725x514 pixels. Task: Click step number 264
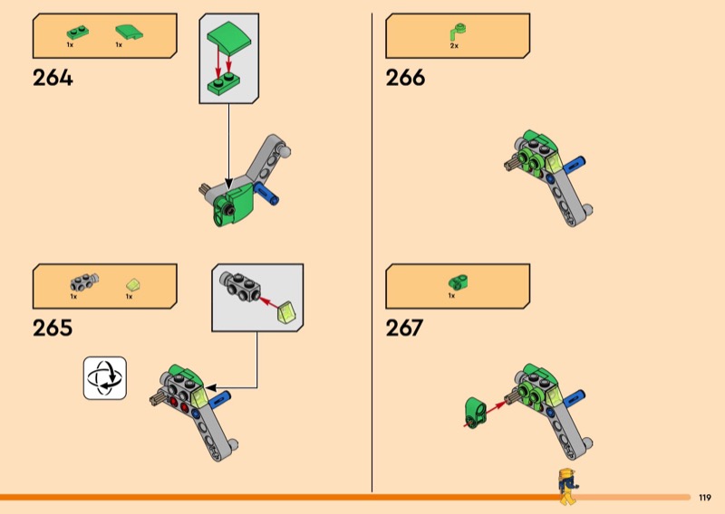tap(53, 78)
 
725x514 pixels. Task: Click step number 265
tap(53, 328)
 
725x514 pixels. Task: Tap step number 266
tap(405, 78)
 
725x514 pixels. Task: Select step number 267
tap(404, 328)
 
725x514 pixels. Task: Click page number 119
tap(705, 498)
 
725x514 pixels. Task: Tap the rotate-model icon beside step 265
tap(105, 377)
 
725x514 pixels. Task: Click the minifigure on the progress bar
tap(568, 486)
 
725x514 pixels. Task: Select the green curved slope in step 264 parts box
tap(129, 33)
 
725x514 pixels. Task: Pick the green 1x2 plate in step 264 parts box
tap(77, 33)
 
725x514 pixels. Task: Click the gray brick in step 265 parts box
tap(84, 281)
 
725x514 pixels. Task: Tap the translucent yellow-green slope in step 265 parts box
tap(133, 284)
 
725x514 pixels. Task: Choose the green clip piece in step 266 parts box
tap(458, 32)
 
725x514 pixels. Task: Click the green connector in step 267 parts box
tap(459, 281)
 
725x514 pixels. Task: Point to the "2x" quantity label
tap(454, 46)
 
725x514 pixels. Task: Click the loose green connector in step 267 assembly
tap(475, 412)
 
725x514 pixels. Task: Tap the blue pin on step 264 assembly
tap(266, 193)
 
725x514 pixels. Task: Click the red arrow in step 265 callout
tap(269, 303)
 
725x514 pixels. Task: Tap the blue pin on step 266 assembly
tap(574, 165)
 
